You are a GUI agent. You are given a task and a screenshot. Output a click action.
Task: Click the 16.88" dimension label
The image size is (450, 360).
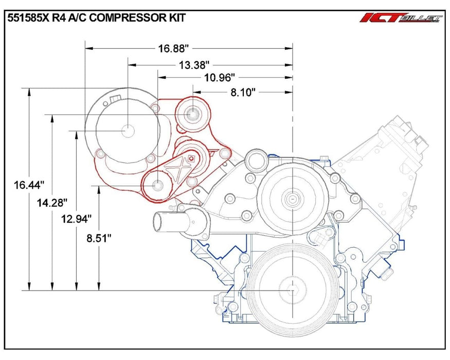point(174,49)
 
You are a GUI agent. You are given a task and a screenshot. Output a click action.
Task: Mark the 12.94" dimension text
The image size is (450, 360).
point(76,218)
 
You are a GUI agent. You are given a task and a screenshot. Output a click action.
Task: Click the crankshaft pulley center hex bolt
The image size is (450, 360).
point(293,291)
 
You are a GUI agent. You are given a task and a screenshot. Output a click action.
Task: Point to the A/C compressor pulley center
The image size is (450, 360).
point(128,130)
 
